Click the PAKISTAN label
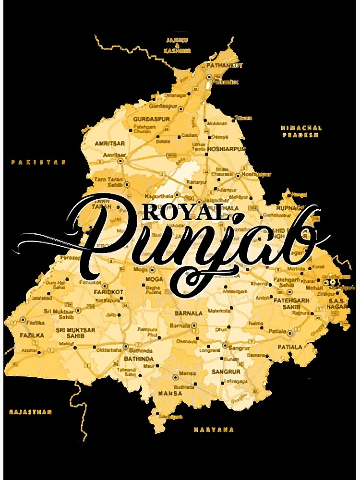tap(38, 163)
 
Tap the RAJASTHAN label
tap(30, 412)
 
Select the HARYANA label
tap(214, 430)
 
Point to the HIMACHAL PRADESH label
tap(301, 132)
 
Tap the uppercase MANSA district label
tap(170, 394)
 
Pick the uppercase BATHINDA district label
tap(139, 359)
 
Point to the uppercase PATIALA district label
tap(290, 347)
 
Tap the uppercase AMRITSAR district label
tap(110, 144)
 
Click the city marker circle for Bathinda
tap(126, 346)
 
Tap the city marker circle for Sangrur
tap(225, 346)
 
